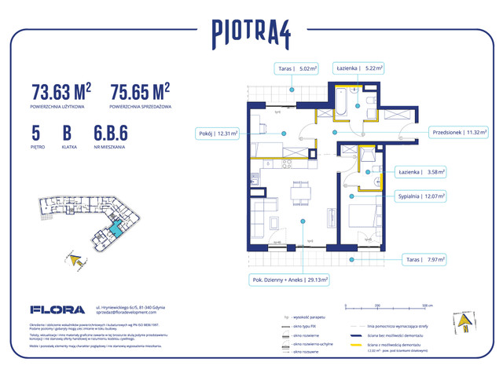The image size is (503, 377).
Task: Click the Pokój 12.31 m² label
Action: click(217, 134)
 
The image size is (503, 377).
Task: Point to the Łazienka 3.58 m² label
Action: click(420, 170)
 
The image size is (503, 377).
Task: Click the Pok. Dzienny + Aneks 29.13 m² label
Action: click(290, 278)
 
